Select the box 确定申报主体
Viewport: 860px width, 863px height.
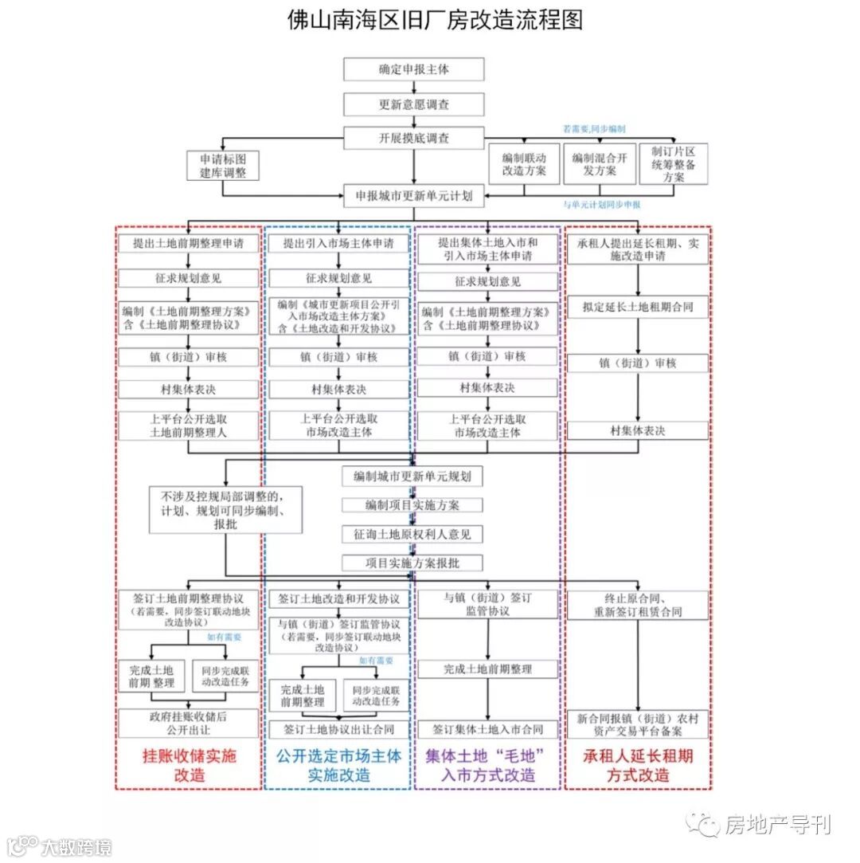click(413, 69)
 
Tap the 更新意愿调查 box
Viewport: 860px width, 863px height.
click(413, 104)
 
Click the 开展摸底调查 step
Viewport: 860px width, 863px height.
click(413, 138)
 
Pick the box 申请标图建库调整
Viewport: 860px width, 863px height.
click(223, 166)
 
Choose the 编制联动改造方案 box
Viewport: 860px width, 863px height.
click(524, 164)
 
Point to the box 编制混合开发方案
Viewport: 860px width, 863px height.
click(600, 164)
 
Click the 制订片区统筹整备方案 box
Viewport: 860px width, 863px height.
click(673, 164)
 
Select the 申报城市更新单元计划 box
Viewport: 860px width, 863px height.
click(413, 194)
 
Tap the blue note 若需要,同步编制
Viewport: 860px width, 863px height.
click(594, 128)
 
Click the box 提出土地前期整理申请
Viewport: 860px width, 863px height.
click(189, 244)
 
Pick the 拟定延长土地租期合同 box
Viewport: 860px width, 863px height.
click(637, 307)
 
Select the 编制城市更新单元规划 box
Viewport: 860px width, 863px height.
click(413, 477)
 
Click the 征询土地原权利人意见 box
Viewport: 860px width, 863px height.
click(413, 533)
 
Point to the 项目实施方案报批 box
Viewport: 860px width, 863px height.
click(413, 563)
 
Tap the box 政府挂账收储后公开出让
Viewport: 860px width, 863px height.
click(189, 723)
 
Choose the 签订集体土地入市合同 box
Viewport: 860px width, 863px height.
click(488, 729)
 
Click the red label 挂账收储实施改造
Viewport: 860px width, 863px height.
click(189, 764)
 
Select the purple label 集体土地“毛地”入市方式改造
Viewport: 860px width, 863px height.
click(488, 764)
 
